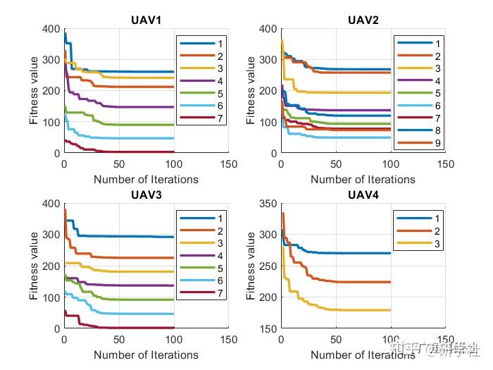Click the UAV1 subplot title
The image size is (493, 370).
[146, 19]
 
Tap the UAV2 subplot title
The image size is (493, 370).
[363, 19]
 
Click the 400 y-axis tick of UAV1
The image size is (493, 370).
[50, 29]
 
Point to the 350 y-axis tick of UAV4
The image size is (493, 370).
[268, 204]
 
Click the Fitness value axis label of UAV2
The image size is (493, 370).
[252, 90]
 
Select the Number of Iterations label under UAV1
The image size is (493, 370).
[146, 179]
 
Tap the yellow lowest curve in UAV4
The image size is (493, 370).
[352, 310]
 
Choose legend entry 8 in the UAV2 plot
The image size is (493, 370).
[417, 130]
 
